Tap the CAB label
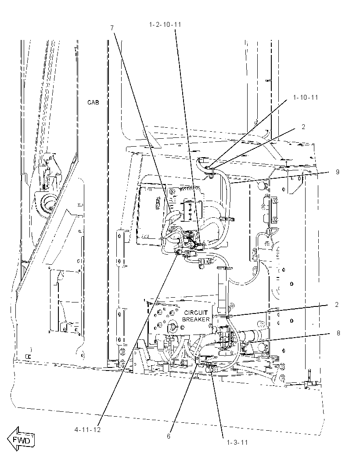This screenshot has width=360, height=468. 93,102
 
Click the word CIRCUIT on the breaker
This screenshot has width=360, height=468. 195,313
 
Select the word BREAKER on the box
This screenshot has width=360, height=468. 196,319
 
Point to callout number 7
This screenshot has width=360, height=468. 112,28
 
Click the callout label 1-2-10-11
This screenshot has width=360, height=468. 165,25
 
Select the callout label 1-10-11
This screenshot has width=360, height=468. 306,97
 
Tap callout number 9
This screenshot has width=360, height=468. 338,172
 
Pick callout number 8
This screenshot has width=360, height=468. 338,333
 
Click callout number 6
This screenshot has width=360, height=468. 169,436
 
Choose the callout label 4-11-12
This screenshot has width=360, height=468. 87,430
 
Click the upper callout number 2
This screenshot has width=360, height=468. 303,127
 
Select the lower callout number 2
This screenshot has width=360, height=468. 337,305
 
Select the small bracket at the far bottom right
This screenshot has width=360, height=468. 309,383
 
